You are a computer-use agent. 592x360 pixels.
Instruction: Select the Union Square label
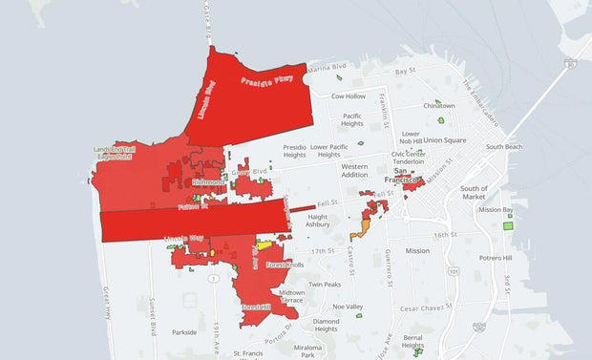[445, 140]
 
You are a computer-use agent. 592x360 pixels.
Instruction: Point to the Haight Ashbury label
[318, 222]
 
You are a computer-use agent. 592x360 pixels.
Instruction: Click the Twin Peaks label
[325, 285]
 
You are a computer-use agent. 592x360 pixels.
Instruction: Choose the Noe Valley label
[347, 307]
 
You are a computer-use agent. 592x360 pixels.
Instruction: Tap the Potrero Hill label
[495, 258]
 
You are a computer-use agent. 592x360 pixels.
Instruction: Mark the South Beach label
[503, 147]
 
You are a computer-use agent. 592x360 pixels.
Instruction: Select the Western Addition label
[354, 171]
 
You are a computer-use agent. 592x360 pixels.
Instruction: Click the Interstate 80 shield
[569, 64]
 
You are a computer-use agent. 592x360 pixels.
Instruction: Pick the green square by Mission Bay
[508, 227]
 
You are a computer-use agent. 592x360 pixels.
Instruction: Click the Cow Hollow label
[349, 96]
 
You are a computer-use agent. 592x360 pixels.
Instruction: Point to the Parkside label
[183, 332]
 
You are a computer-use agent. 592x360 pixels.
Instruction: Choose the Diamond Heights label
[326, 326]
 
